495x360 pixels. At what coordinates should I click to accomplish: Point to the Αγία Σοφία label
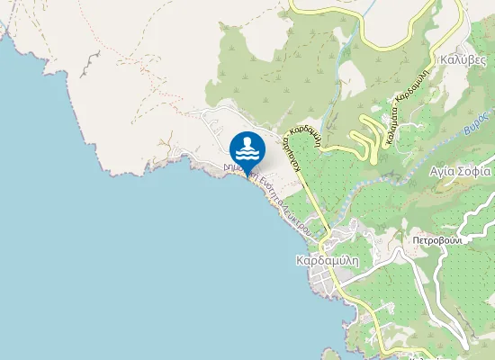pos(459,170)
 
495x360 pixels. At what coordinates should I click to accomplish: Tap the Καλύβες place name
pos(463,60)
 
